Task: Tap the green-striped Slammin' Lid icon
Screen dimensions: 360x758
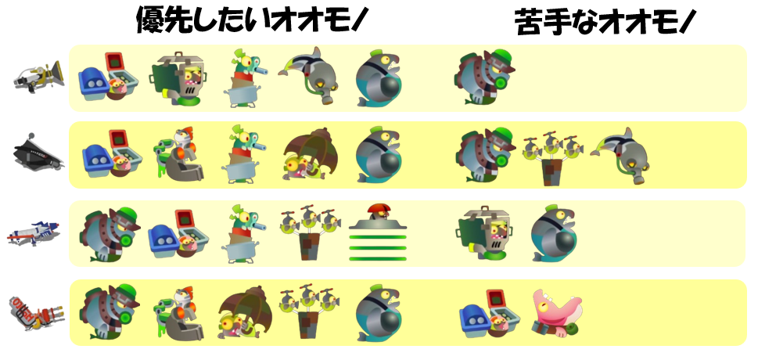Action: (x=379, y=232)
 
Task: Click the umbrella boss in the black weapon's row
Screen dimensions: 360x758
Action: (x=310, y=155)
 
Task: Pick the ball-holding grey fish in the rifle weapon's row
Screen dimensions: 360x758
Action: (x=554, y=233)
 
